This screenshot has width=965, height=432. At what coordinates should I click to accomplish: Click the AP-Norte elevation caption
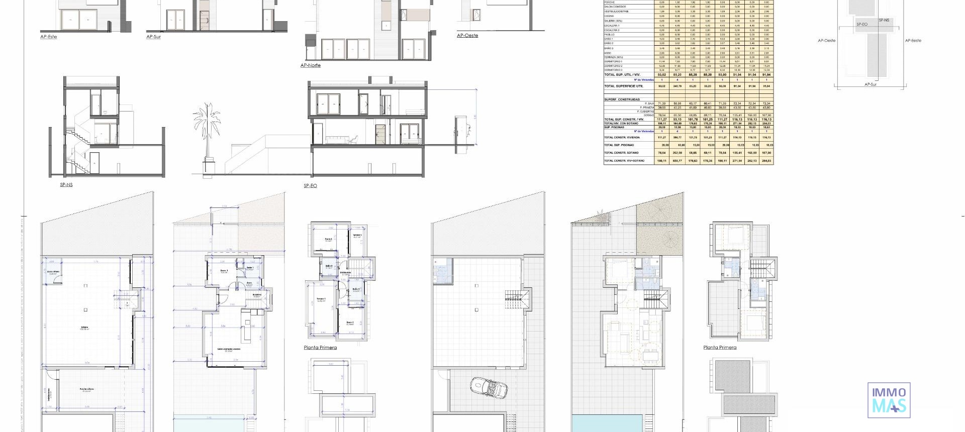coord(310,65)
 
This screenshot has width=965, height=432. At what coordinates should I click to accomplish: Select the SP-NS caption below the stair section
coord(66,185)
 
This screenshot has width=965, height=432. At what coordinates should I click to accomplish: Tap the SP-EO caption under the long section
coord(310,185)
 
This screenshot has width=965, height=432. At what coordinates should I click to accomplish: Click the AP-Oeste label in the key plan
coord(826,41)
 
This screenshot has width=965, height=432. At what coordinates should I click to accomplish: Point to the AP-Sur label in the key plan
coord(870,84)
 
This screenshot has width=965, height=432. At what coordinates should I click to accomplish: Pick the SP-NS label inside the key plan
coord(884,20)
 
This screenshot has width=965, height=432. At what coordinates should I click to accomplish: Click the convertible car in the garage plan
coord(489,388)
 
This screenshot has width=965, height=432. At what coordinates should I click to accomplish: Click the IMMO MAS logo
coord(889,400)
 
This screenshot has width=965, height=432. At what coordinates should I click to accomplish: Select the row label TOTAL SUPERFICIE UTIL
coord(623,86)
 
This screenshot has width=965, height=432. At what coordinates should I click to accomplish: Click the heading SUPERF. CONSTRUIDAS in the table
coord(622,99)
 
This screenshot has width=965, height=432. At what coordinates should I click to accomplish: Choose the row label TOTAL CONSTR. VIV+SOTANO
coord(624,161)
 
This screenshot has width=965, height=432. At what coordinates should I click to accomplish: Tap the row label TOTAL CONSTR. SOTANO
coord(621,153)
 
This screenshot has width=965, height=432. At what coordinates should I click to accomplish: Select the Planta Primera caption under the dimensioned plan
coord(320,348)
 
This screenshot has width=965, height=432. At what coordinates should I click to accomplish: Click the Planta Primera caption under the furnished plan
coord(720,348)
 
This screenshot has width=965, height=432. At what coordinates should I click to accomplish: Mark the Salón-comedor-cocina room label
coord(229,350)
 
